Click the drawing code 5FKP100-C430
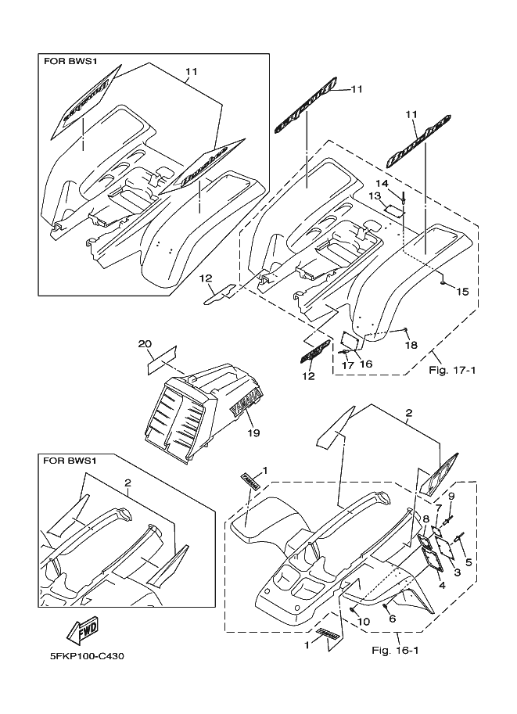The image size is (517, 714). (x=81, y=655)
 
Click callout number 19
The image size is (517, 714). (x=252, y=431)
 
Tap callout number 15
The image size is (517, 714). (x=462, y=292)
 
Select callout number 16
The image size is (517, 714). (x=366, y=364)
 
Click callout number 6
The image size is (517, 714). (x=393, y=619)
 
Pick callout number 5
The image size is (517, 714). (x=469, y=562)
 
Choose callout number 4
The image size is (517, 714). (x=441, y=584)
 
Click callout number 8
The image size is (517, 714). (x=426, y=518)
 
